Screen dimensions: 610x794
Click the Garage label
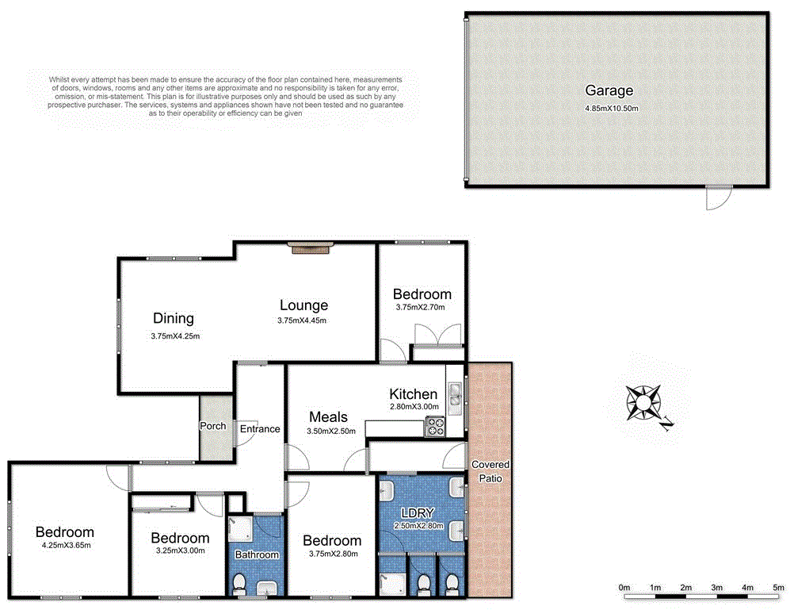[x=609, y=90]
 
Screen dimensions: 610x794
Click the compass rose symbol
[x=644, y=402]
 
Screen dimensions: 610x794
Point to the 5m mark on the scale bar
[x=777, y=588]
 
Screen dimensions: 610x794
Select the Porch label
[x=212, y=426]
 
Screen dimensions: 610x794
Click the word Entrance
[x=260, y=429]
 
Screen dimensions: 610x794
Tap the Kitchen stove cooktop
[x=436, y=428]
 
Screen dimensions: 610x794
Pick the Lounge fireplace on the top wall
[x=309, y=249]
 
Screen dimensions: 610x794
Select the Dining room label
[x=174, y=319]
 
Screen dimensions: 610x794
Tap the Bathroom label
[x=257, y=554]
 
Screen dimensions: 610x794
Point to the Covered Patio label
[x=491, y=471]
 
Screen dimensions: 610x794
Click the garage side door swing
[x=719, y=198]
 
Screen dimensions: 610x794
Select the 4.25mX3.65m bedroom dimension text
[x=65, y=545]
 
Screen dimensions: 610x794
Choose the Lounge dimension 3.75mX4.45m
[x=303, y=320]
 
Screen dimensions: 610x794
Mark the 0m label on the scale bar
[x=624, y=588]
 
